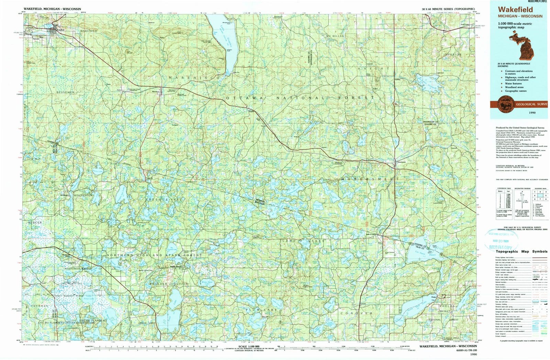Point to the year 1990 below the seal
(x=532, y=112)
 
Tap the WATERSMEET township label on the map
(x=370, y=179)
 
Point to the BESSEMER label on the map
(x=65, y=92)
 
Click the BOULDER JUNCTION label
(x=169, y=284)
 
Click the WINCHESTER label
(x=82, y=195)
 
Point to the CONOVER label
(x=356, y=313)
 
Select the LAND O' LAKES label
(x=303, y=241)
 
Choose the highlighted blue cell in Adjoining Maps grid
(x=539, y=196)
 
